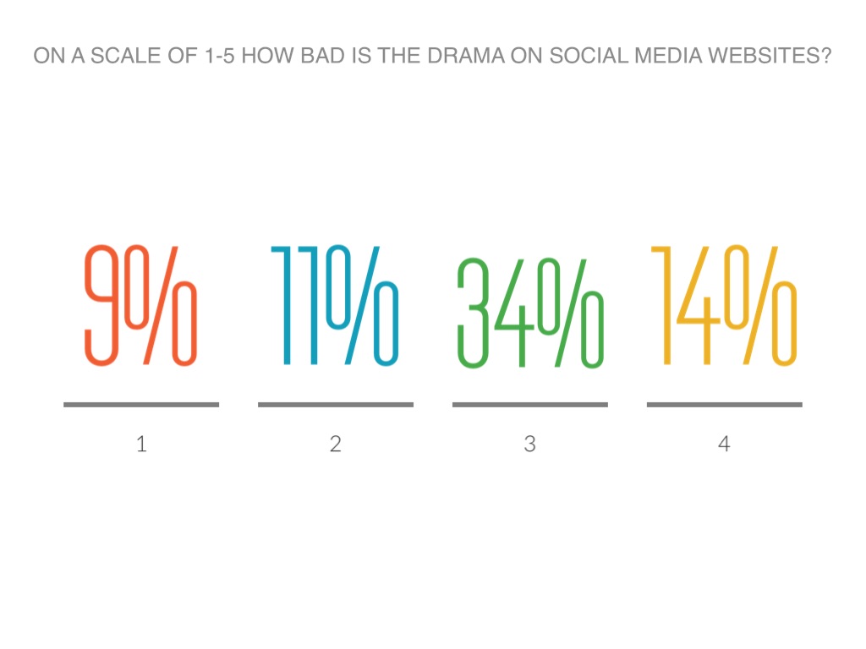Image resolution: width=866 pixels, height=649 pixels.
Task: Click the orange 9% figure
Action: [x=140, y=305]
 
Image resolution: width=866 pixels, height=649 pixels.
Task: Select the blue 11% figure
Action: [x=335, y=305]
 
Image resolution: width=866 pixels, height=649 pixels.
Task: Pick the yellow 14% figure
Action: [x=724, y=305]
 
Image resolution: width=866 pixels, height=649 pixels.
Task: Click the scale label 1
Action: [x=141, y=444]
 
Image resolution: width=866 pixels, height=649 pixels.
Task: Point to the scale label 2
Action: [x=336, y=444]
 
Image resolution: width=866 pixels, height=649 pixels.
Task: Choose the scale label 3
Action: [x=529, y=444]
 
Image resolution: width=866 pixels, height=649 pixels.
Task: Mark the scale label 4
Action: [x=724, y=444]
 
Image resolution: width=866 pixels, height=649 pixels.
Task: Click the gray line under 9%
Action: [x=141, y=405]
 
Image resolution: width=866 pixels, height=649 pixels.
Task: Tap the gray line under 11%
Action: [x=336, y=405]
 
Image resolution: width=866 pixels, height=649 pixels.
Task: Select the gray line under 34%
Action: [x=530, y=405]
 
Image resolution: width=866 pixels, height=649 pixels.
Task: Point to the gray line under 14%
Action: [x=725, y=405]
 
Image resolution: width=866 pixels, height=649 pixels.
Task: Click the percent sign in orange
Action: [x=162, y=305]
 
